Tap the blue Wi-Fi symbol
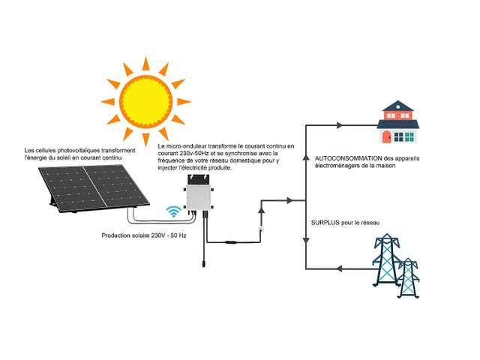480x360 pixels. pyautogui.click(x=174, y=212)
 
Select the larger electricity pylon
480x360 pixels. pyautogui.click(x=385, y=261)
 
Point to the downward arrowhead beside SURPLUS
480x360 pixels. pyautogui.click(x=306, y=240)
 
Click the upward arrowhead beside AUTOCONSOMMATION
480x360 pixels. pyautogui.click(x=306, y=158)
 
